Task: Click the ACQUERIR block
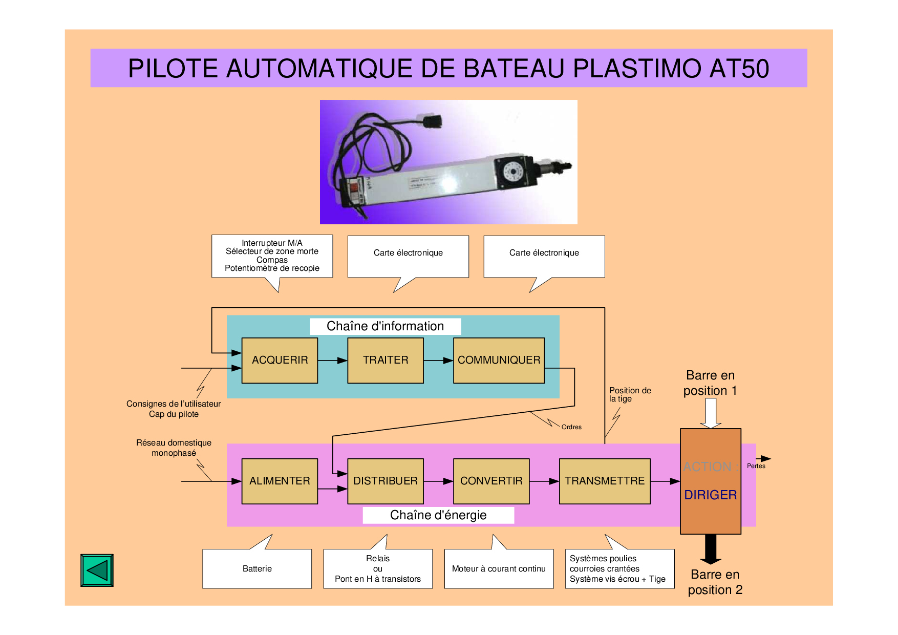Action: pyautogui.click(x=280, y=360)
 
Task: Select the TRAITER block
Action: pyautogui.click(x=386, y=360)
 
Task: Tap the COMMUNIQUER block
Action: pyautogui.click(x=499, y=360)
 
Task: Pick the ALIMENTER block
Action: pyautogui.click(x=280, y=481)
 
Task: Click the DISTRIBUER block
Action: pyautogui.click(x=386, y=481)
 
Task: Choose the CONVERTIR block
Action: pyautogui.click(x=491, y=481)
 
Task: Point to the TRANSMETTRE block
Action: pyautogui.click(x=605, y=481)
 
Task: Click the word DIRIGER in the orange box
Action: pyautogui.click(x=711, y=495)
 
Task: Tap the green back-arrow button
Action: pyautogui.click(x=97, y=570)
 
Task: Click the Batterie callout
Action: pyautogui.click(x=257, y=568)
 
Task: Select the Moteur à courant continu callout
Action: pyautogui.click(x=499, y=568)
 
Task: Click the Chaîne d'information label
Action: pyautogui.click(x=385, y=326)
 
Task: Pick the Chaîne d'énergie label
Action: pyautogui.click(x=438, y=515)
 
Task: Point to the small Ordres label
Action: pyautogui.click(x=571, y=427)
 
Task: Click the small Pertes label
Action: pyautogui.click(x=756, y=466)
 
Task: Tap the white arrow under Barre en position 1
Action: pyautogui.click(x=711, y=413)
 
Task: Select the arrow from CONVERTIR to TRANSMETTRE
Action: pyautogui.click(x=544, y=481)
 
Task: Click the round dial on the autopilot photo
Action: pyautogui.click(x=512, y=171)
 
